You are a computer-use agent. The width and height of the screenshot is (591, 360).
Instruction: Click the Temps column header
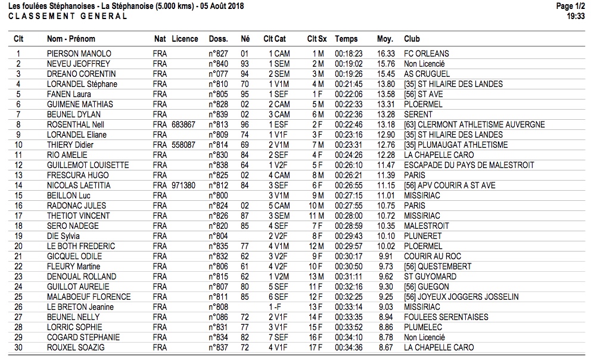click(x=346, y=39)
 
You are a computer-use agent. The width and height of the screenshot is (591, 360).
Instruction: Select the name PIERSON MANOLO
click(x=79, y=54)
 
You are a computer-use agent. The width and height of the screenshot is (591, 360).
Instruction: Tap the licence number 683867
click(x=184, y=125)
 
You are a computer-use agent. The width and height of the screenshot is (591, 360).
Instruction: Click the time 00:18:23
click(x=349, y=54)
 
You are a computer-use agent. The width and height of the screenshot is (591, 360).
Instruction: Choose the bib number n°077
click(x=219, y=74)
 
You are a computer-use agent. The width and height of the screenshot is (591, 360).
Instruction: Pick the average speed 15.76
click(x=386, y=64)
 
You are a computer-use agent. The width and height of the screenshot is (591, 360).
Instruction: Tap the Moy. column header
click(x=385, y=39)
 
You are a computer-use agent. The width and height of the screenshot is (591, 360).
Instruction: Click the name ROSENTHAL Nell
click(x=75, y=125)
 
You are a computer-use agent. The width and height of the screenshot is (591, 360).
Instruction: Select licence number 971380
click(x=184, y=185)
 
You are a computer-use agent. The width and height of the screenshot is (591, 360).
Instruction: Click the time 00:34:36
click(x=349, y=347)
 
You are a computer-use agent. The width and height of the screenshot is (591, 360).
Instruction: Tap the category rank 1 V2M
click(x=279, y=277)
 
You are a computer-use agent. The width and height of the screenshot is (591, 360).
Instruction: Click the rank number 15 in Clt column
click(x=18, y=195)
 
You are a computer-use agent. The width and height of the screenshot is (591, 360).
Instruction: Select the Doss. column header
click(x=219, y=39)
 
